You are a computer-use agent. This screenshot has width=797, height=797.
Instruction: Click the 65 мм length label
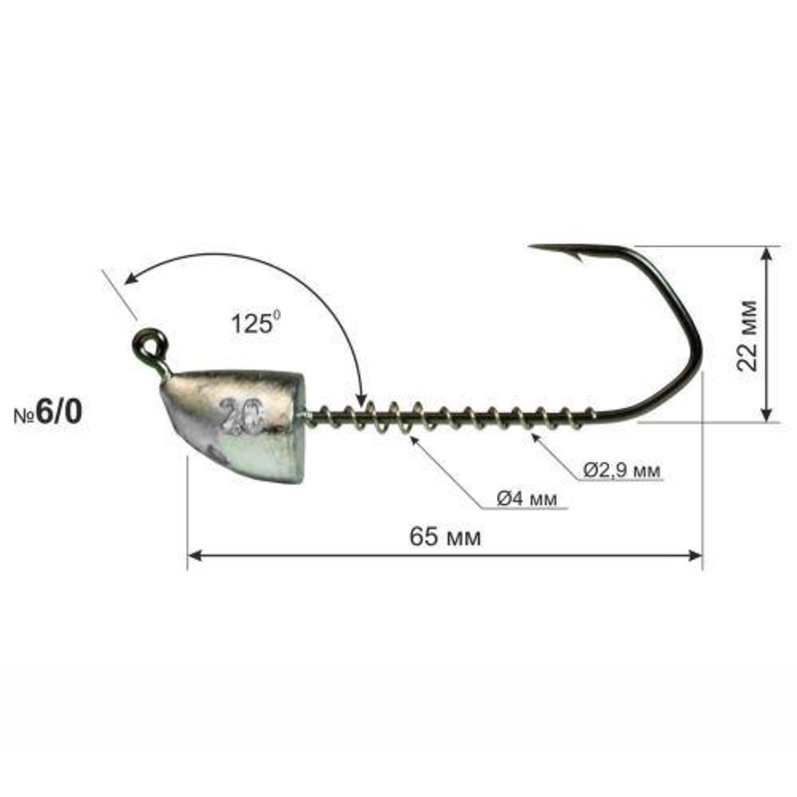coord(445,537)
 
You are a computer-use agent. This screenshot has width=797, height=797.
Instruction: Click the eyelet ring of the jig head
coord(147,346)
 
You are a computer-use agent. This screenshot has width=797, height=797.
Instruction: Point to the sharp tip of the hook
coord(530,246)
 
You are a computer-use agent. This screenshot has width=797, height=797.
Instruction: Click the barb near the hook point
coord(576,257)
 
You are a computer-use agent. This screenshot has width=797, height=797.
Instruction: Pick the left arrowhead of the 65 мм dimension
coord(194,556)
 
